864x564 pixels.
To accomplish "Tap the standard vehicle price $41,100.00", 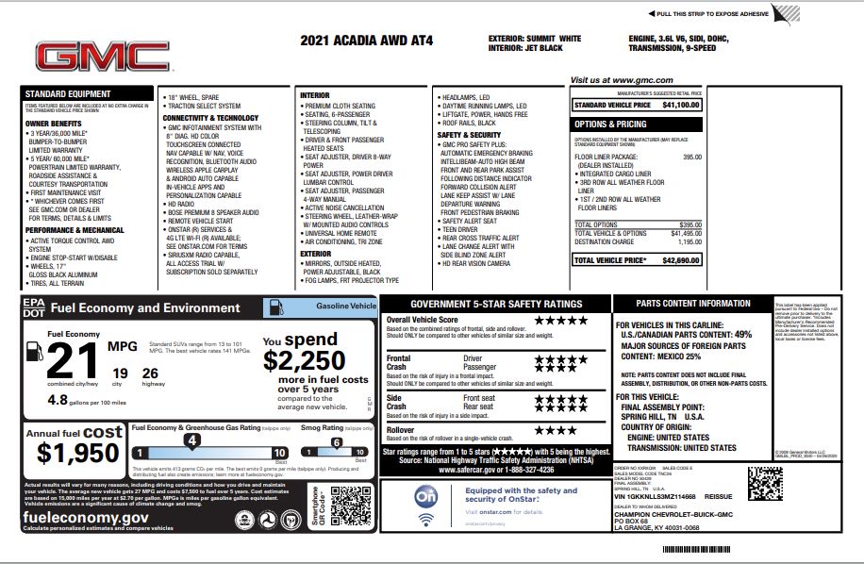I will (x=680, y=106).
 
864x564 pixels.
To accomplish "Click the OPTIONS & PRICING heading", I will (x=611, y=124).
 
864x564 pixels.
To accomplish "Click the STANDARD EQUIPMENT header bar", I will (x=87, y=94).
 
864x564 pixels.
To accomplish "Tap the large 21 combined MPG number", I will (x=72, y=361).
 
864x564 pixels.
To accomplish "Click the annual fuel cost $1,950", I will (x=78, y=452).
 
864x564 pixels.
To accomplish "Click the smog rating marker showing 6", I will (x=335, y=441).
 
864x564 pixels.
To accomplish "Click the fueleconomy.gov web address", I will (x=86, y=517).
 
